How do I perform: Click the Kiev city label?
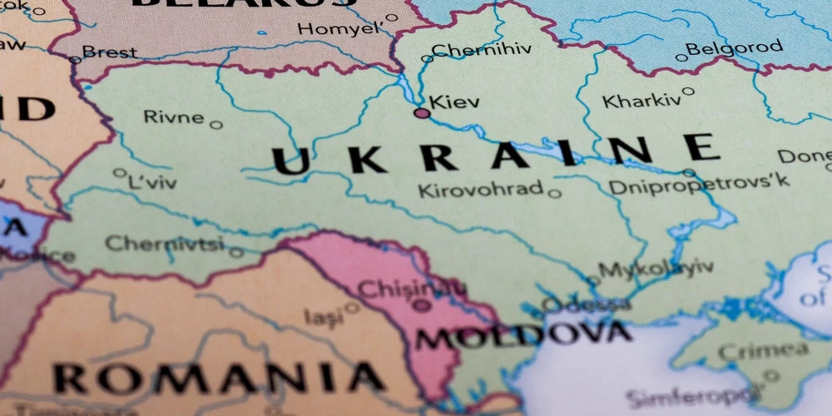(454, 102)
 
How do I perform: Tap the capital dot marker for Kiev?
(422, 112)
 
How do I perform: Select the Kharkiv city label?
(641, 101)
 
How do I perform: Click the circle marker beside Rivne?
(216, 125)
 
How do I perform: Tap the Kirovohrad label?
(480, 190)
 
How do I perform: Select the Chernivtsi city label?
(164, 244)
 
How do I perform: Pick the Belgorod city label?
(735, 48)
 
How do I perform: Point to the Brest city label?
(110, 52)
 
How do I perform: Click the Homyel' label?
(339, 28)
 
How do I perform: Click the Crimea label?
(762, 349)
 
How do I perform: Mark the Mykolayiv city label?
(656, 268)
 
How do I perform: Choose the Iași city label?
(322, 316)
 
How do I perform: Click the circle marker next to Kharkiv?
(688, 92)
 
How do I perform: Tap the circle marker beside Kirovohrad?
(554, 194)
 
